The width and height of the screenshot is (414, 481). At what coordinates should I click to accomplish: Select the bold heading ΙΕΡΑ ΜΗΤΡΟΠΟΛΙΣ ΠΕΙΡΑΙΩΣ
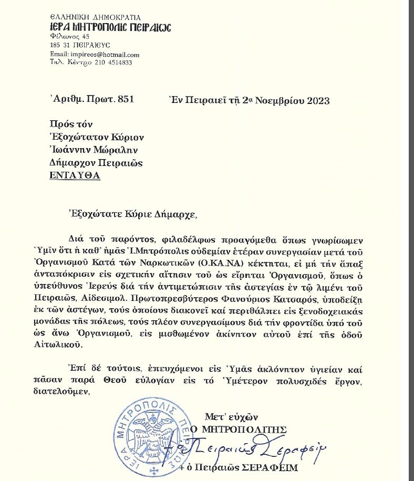coord(103,28)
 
